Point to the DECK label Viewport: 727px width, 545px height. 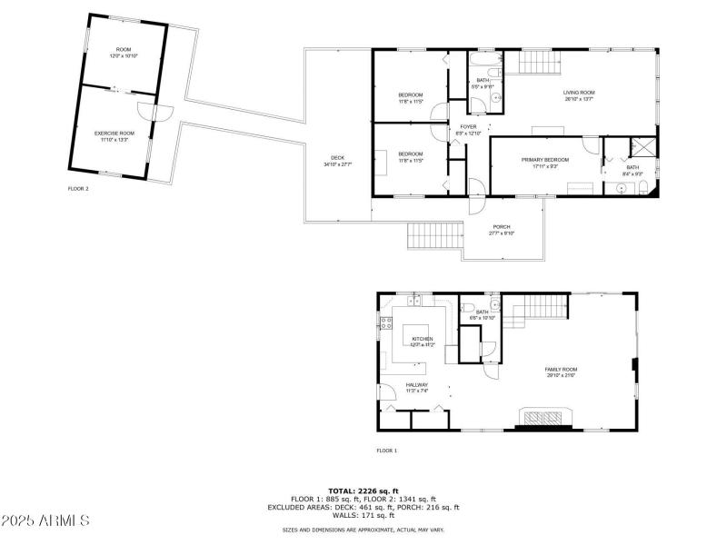pyautogui.click(x=337, y=161)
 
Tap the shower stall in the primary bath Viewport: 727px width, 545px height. pyautogui.click(x=642, y=147)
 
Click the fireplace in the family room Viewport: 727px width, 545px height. pyautogui.click(x=544, y=417)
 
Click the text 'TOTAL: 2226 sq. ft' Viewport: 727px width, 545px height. pyautogui.click(x=363, y=491)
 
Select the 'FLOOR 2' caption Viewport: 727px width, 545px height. pyautogui.click(x=78, y=189)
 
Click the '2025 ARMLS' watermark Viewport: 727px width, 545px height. pyautogui.click(x=45, y=521)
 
